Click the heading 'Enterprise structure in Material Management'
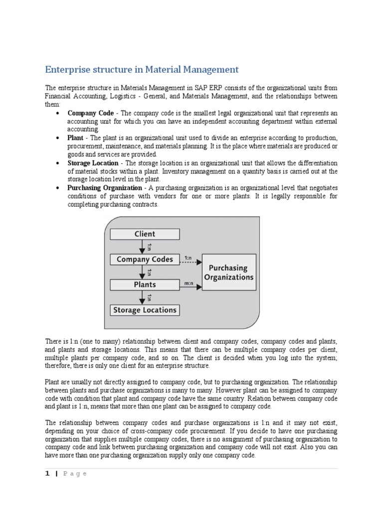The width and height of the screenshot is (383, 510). [x=142, y=69]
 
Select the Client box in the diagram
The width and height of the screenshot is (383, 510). [x=145, y=234]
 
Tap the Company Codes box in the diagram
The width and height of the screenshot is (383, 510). [x=145, y=259]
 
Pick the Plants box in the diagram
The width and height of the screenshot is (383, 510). [x=145, y=285]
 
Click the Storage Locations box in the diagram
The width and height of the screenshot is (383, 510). [x=145, y=310]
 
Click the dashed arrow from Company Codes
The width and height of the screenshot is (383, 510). [x=191, y=261]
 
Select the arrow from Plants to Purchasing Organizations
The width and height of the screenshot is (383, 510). [x=191, y=286]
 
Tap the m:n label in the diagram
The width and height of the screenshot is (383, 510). [x=189, y=282]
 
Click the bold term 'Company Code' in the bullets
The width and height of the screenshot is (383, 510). [x=91, y=113]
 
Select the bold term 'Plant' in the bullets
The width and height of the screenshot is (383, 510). [x=75, y=138]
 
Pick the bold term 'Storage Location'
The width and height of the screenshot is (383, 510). [x=93, y=163]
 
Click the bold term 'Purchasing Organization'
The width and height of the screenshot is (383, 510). [x=105, y=188]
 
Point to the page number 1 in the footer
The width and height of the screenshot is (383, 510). [x=47, y=474]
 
